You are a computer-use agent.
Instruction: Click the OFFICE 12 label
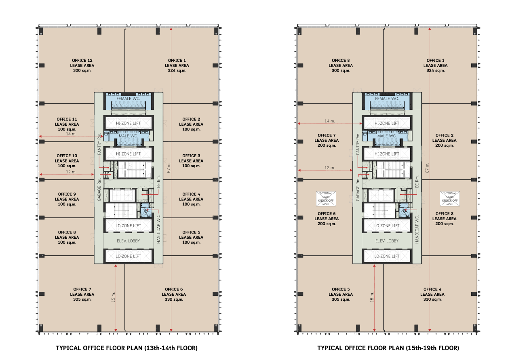pyautogui.click(x=82, y=61)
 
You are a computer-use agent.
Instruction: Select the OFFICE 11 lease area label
pyautogui.click(x=67, y=124)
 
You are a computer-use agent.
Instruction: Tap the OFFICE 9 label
pyautogui.click(x=67, y=194)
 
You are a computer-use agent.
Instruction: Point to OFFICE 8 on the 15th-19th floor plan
pyautogui.click(x=341, y=61)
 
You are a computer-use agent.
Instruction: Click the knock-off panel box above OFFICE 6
pyautogui.click(x=326, y=199)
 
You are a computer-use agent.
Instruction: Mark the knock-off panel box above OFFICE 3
pyautogui.click(x=450, y=199)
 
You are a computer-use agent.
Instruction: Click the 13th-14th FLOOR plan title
pyautogui.click(x=126, y=348)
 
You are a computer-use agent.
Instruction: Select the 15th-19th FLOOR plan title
pyautogui.click(x=388, y=348)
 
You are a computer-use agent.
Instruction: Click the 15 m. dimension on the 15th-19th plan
pyautogui.click(x=372, y=297)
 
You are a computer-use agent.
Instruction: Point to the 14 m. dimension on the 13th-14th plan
pyautogui.click(x=71, y=133)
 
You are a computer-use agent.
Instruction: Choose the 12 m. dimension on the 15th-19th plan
pyautogui.click(x=330, y=168)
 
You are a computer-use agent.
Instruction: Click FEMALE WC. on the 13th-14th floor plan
pyautogui.click(x=129, y=99)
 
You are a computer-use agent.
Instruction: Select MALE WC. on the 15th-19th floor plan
pyautogui.click(x=387, y=136)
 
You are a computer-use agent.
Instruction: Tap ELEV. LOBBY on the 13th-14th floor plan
pyautogui.click(x=129, y=241)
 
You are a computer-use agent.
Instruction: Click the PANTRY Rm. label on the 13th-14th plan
pyautogui.click(x=99, y=144)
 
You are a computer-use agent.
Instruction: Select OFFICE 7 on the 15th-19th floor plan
pyautogui.click(x=327, y=135)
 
